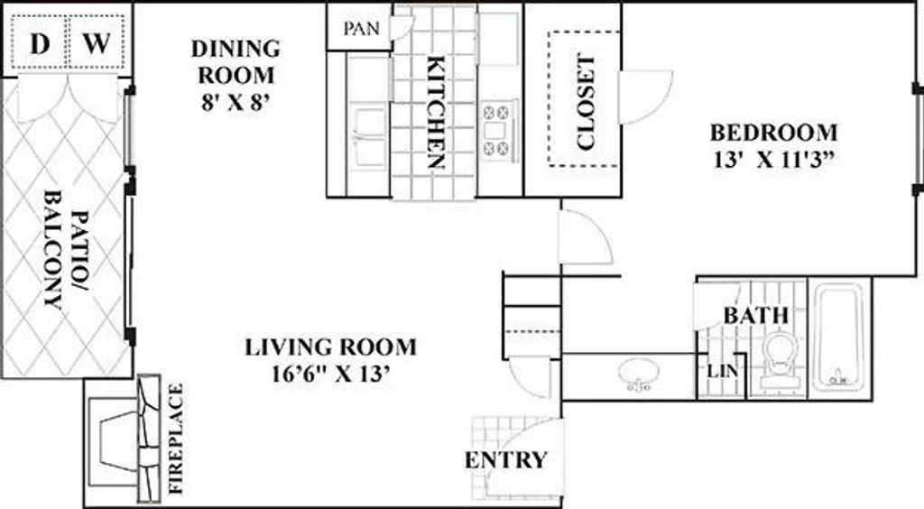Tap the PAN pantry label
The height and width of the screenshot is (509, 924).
tap(359, 28)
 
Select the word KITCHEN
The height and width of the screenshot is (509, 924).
tap(435, 114)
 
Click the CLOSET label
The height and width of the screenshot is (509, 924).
tap(586, 103)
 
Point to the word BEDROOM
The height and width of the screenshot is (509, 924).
tap(773, 133)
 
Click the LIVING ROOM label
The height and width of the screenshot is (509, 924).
tap(331, 347)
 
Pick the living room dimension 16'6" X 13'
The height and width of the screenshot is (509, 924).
tap(320, 373)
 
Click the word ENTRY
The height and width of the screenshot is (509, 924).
tap(505, 460)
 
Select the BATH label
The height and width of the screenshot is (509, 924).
tap(756, 316)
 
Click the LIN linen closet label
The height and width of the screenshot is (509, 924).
tap(718, 372)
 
